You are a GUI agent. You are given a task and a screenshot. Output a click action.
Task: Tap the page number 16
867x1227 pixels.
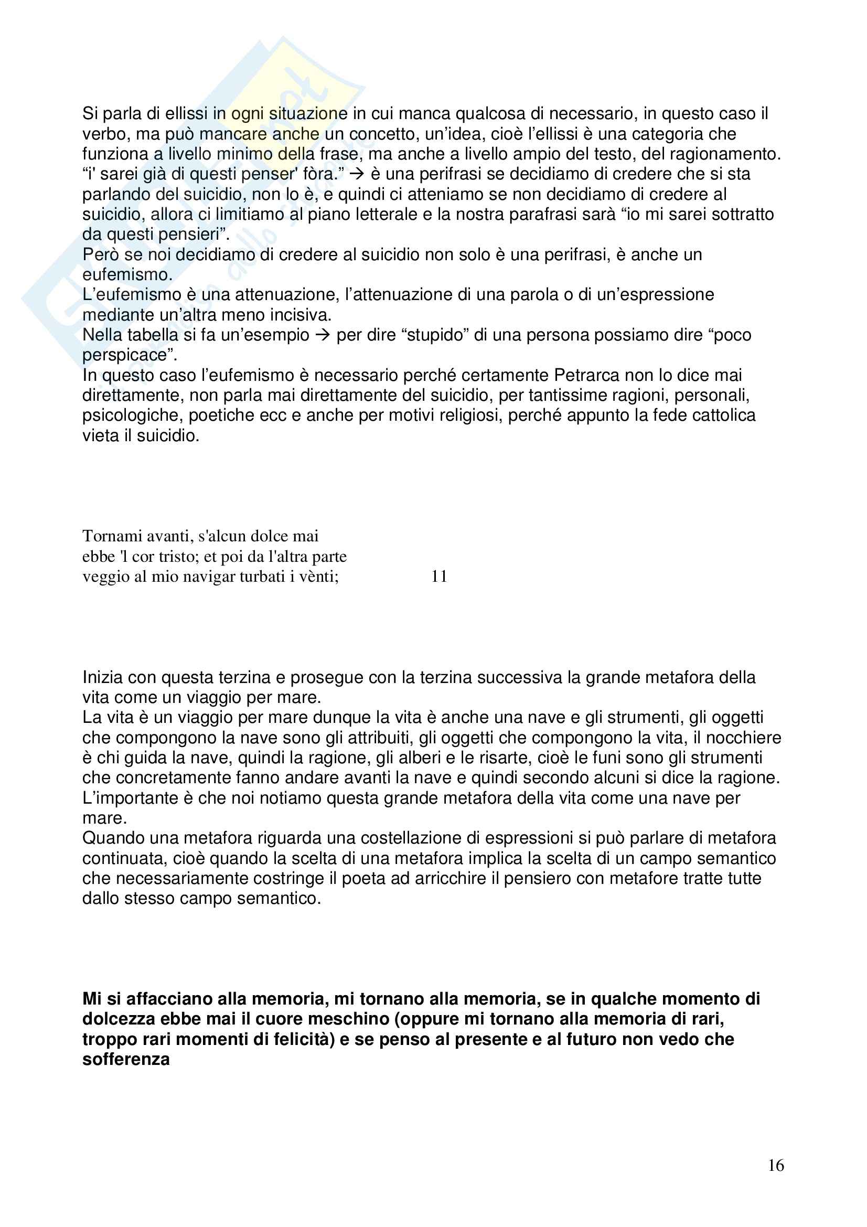[776, 1166]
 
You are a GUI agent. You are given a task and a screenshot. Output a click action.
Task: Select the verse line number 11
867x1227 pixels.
[439, 576]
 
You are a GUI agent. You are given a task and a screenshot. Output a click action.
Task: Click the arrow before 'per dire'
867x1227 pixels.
[322, 335]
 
